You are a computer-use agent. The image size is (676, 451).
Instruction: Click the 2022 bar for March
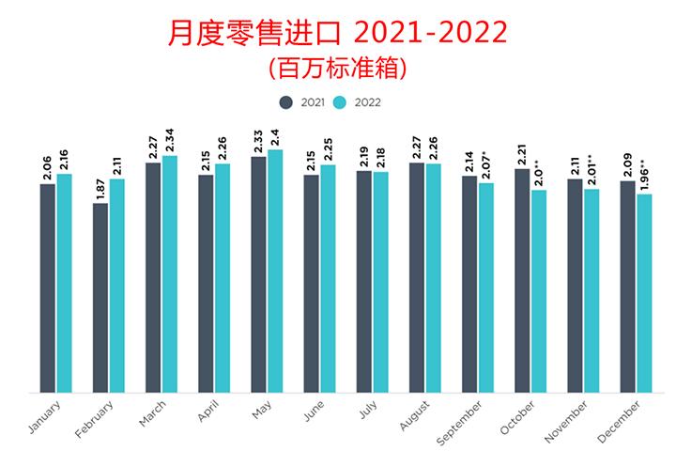[169, 273]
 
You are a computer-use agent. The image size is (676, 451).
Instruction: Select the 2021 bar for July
[363, 281]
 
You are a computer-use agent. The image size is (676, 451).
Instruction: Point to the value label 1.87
[100, 187]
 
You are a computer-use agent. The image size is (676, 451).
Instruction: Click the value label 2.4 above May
[275, 135]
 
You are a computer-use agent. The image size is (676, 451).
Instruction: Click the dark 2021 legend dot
[284, 101]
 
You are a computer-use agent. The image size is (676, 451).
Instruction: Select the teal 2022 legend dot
[342, 101]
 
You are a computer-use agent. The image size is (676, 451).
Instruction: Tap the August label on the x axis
[412, 417]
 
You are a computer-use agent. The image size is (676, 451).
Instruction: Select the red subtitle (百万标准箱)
[337, 68]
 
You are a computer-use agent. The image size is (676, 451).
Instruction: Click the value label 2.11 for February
[116, 163]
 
